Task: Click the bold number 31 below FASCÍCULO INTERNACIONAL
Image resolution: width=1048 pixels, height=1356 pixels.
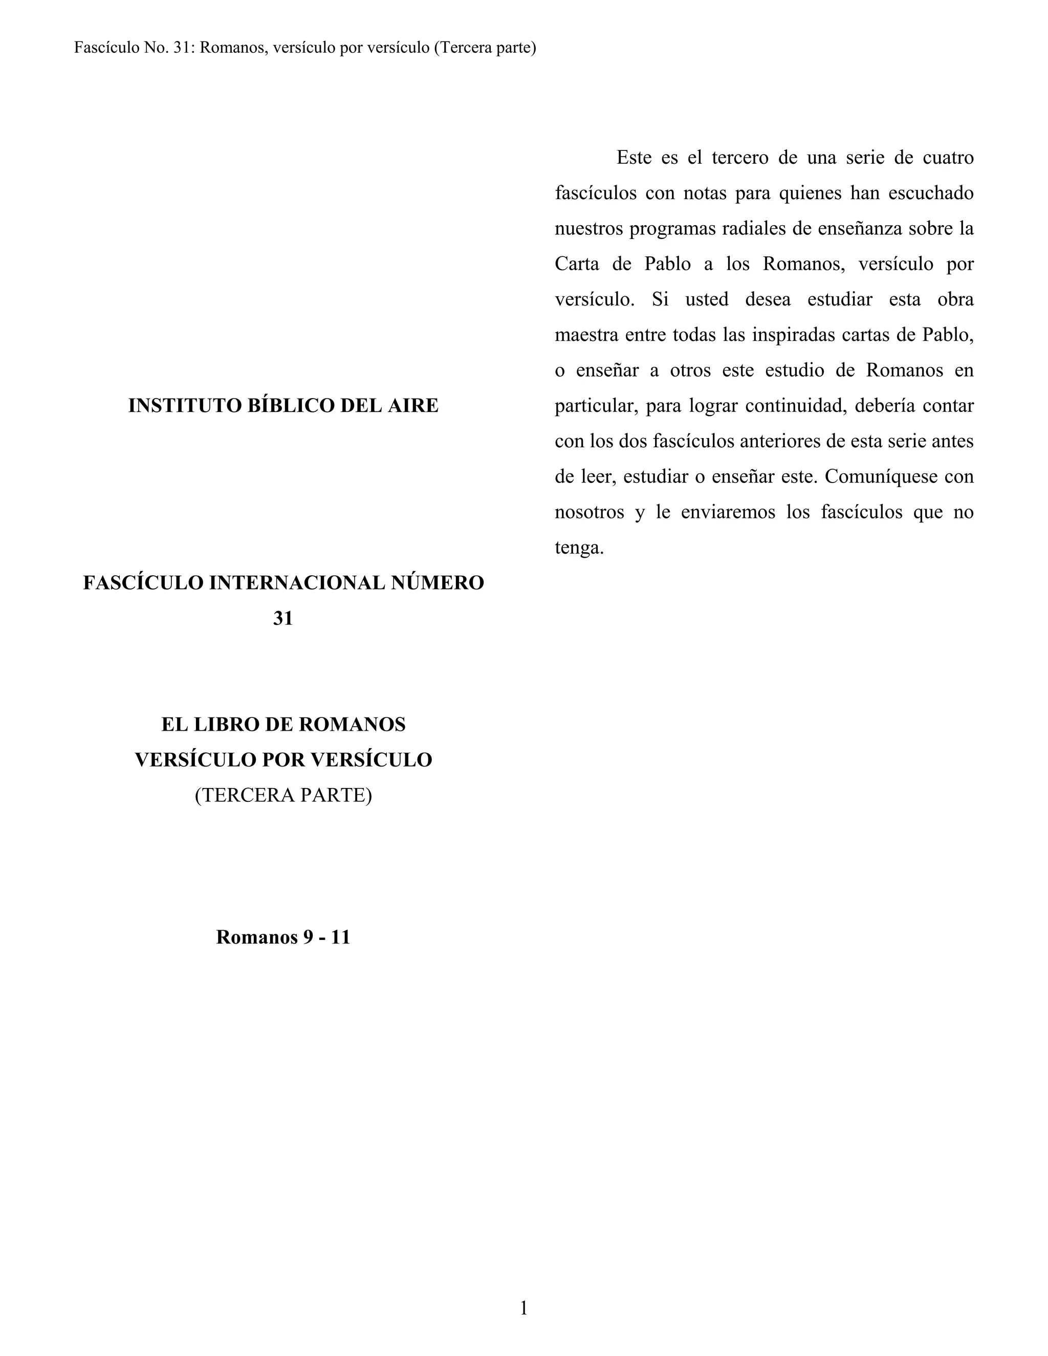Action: pyautogui.click(x=283, y=619)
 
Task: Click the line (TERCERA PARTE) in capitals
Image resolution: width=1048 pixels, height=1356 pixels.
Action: pyautogui.click(x=283, y=795)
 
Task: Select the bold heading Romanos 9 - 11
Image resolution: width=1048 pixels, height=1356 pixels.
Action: pyautogui.click(x=283, y=937)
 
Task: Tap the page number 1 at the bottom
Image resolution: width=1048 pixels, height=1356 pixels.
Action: pyautogui.click(x=523, y=1308)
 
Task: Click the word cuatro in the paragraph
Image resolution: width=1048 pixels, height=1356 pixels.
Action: pyautogui.click(x=948, y=158)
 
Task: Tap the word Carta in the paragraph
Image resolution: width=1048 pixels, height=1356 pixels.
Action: pyautogui.click(x=577, y=264)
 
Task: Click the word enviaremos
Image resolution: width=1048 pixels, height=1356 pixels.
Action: pyautogui.click(x=728, y=512)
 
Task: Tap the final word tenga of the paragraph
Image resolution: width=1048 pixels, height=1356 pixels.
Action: pyautogui.click(x=579, y=548)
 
